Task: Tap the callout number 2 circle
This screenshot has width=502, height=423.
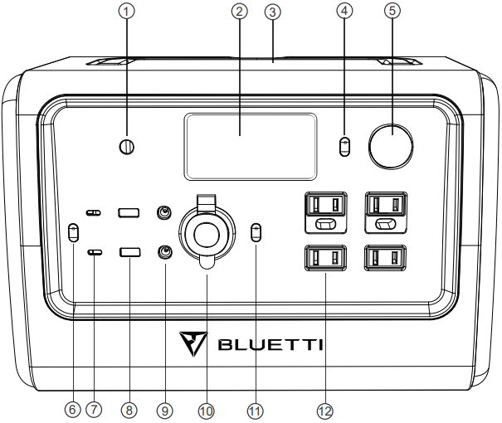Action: [x=239, y=11]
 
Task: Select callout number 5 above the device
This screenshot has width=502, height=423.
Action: [x=390, y=11]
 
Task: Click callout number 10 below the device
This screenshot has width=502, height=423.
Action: [x=206, y=410]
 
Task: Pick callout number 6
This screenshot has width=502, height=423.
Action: [x=73, y=410]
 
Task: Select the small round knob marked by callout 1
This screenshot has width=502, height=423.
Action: [x=126, y=147]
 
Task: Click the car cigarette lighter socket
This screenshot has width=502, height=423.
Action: [x=206, y=236]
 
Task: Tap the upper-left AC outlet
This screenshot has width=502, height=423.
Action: [x=324, y=204]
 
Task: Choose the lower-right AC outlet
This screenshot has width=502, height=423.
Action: [x=387, y=260]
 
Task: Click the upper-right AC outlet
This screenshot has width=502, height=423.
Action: [x=387, y=204]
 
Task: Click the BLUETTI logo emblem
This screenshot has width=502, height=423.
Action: [x=193, y=342]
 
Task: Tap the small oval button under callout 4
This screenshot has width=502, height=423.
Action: [x=345, y=147]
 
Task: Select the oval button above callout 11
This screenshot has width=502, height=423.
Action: [x=256, y=231]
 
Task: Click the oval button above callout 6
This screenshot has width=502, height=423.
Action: [x=73, y=232]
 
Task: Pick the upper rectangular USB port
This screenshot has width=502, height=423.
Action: [x=129, y=213]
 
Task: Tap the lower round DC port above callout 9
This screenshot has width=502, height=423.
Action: [x=165, y=251]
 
